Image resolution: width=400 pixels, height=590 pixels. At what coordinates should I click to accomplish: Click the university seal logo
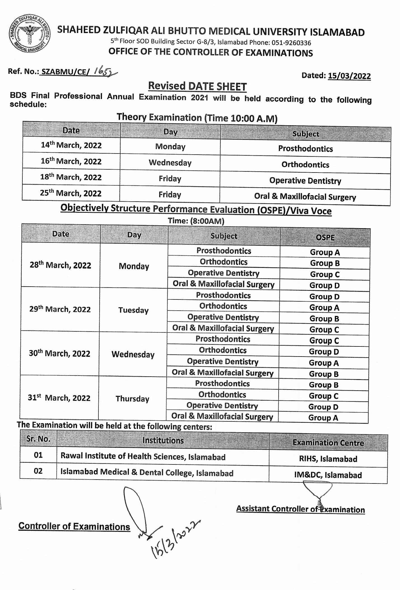point(29,36)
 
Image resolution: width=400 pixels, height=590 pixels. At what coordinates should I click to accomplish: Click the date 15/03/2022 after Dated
point(349,76)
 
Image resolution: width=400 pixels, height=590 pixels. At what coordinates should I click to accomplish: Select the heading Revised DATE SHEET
point(197,86)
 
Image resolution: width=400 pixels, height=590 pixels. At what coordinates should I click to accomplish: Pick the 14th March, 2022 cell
point(71,145)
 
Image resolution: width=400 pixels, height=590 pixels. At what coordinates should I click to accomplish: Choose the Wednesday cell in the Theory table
point(170,163)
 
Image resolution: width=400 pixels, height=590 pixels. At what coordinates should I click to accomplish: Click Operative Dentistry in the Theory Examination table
point(305,181)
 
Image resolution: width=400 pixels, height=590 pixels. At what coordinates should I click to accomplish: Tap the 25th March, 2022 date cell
point(71,193)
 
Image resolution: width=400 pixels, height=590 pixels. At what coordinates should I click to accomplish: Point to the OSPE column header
point(325,237)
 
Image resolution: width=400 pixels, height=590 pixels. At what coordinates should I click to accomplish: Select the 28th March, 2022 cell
point(61,265)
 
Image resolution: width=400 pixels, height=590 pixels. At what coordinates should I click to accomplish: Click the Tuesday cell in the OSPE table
point(133,310)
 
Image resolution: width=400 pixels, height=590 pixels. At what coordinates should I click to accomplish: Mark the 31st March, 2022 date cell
point(59,398)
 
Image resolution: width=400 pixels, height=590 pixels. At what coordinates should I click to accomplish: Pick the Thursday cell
point(132,399)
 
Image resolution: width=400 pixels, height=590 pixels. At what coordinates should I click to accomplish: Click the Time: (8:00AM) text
point(196,221)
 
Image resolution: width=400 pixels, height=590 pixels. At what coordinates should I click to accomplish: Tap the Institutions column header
point(163,440)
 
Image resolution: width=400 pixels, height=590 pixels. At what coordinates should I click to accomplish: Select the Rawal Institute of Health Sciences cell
point(143,457)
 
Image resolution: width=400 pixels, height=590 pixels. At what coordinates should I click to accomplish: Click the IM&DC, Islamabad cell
point(328,475)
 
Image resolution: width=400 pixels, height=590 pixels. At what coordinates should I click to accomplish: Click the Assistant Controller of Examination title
point(300,509)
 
